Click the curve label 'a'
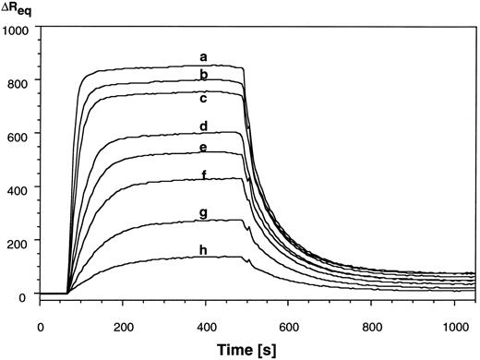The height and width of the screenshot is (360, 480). point(203,58)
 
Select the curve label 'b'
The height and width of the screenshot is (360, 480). point(203,74)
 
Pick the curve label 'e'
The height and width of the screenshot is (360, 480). point(203,148)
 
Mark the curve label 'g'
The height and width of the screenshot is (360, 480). point(203,213)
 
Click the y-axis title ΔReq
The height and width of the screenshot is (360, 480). point(20,11)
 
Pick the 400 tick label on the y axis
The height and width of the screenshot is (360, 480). point(20,187)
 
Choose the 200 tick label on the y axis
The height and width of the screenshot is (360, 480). point(20,240)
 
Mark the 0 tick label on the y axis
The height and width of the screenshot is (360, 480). point(28,294)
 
